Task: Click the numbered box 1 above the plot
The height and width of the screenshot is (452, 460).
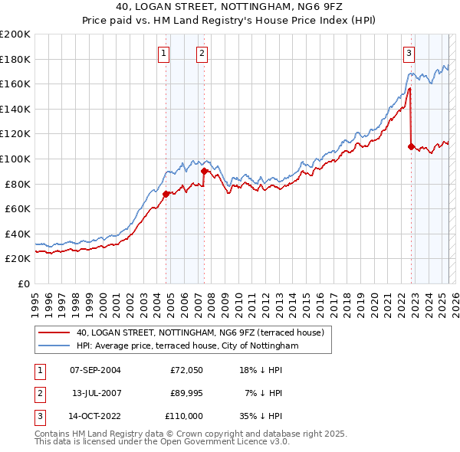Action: pos(165,53)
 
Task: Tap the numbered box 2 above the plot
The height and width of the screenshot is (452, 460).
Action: pos(201,53)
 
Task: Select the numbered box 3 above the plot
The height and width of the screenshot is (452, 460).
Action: pos(409,53)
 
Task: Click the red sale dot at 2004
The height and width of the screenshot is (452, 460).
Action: pos(166,194)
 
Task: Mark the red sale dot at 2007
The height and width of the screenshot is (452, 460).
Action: pos(204,172)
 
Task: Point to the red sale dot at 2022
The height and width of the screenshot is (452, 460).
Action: pos(412,146)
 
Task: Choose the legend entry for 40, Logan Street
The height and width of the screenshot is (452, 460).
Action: pos(201,332)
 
